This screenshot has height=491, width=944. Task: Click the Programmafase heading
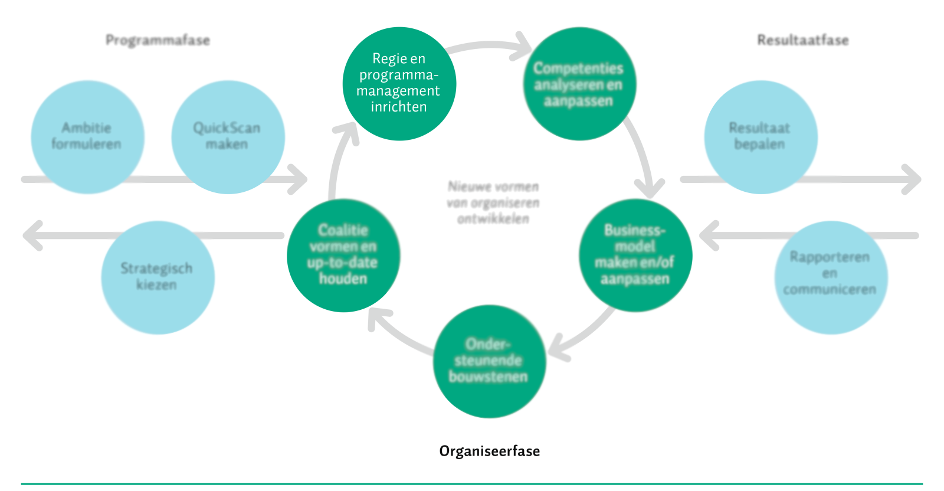[158, 41]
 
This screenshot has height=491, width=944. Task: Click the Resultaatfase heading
[803, 40]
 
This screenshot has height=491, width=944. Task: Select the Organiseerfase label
[489, 451]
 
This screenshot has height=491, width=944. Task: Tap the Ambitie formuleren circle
[88, 137]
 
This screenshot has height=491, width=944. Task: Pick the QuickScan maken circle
[228, 137]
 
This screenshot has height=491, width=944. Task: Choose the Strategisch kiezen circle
[158, 277]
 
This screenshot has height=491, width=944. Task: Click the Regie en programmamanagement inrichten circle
[399, 83]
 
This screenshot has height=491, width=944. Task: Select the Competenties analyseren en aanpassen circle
[579, 83]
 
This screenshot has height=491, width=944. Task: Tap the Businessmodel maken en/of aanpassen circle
[635, 255]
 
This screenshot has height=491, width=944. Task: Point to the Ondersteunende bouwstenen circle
[489, 361]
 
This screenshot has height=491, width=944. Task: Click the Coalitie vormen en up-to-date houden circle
[343, 255]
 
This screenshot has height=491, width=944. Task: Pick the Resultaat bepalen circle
[761, 137]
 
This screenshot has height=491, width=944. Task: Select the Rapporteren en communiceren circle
[831, 277]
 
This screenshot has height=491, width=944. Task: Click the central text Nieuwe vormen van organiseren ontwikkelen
[493, 202]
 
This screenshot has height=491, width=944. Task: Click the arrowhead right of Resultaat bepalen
[912, 179]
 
